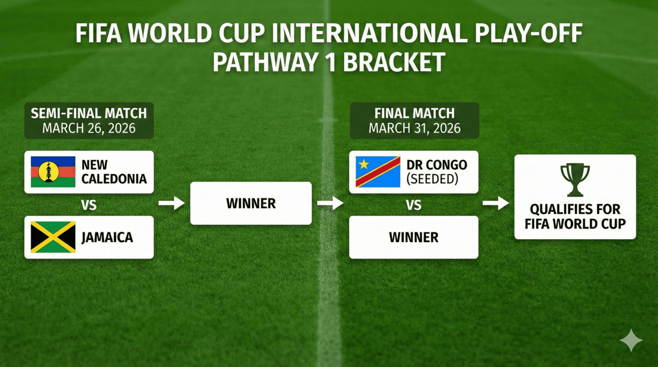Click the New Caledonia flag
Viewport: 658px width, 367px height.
click(53, 172)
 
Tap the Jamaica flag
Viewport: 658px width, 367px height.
click(53, 237)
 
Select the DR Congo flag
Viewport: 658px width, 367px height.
click(377, 172)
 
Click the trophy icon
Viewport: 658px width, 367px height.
click(575, 179)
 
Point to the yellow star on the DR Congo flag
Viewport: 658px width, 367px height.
click(363, 164)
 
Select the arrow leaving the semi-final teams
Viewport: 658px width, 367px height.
click(171, 203)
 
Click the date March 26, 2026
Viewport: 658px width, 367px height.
click(89, 128)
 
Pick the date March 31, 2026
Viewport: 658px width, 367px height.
click(415, 128)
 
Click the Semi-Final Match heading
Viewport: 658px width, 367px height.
click(89, 113)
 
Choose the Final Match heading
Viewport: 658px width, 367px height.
click(415, 113)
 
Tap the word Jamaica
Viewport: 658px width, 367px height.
click(107, 237)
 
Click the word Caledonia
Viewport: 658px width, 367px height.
click(114, 179)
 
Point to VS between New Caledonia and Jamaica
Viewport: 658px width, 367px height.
click(89, 205)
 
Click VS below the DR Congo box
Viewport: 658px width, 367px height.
click(414, 205)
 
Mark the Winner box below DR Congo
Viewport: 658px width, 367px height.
click(414, 237)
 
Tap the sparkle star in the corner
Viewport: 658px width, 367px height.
click(631, 340)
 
